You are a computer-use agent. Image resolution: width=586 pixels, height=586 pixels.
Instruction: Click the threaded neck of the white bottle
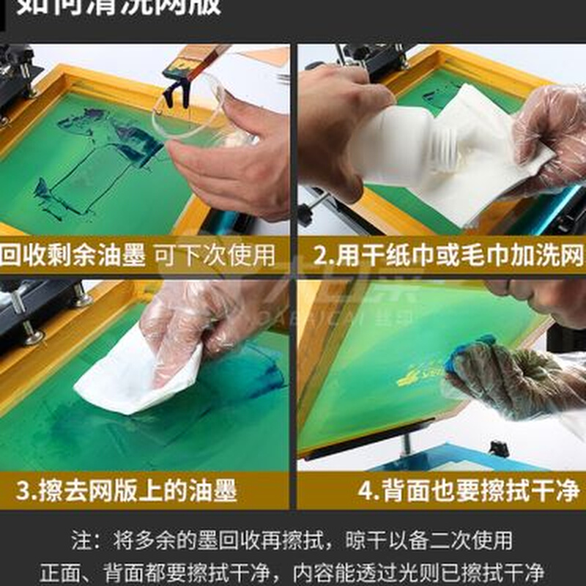(x=443, y=157)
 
